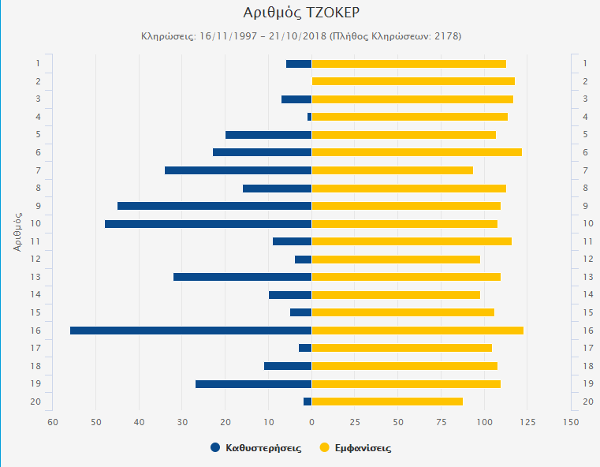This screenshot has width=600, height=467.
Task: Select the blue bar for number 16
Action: (191, 331)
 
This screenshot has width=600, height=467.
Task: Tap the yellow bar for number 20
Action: (387, 402)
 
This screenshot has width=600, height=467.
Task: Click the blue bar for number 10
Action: (208, 224)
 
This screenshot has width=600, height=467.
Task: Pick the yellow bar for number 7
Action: (393, 170)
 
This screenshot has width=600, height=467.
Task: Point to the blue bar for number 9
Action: (214, 206)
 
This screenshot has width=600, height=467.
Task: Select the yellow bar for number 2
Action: (413, 81)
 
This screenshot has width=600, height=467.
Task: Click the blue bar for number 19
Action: (253, 384)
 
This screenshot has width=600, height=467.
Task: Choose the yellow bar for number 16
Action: (418, 331)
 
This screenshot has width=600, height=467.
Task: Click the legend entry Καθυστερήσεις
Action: (255, 448)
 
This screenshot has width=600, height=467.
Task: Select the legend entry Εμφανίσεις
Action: (356, 448)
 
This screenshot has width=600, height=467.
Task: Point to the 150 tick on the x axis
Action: (570, 422)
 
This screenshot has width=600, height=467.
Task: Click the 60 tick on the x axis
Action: (53, 422)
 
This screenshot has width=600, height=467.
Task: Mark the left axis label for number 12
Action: (37, 260)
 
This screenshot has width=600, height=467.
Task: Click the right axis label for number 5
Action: (585, 135)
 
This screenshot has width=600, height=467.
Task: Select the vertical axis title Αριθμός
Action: (17, 228)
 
